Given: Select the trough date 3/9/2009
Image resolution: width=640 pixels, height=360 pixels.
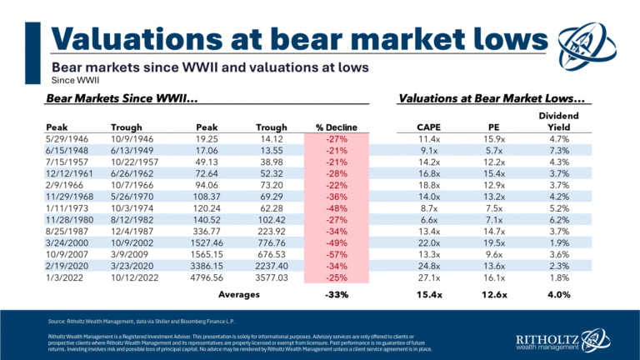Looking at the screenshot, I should pos(127,251).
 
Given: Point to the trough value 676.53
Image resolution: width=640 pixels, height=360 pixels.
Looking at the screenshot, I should pos(269,251).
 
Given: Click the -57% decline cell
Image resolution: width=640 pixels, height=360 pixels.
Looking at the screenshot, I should pos(337,251).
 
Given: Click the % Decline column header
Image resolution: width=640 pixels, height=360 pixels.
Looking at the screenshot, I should pos(337,127).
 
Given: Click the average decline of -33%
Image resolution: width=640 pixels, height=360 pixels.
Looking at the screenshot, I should pos(337,294).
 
